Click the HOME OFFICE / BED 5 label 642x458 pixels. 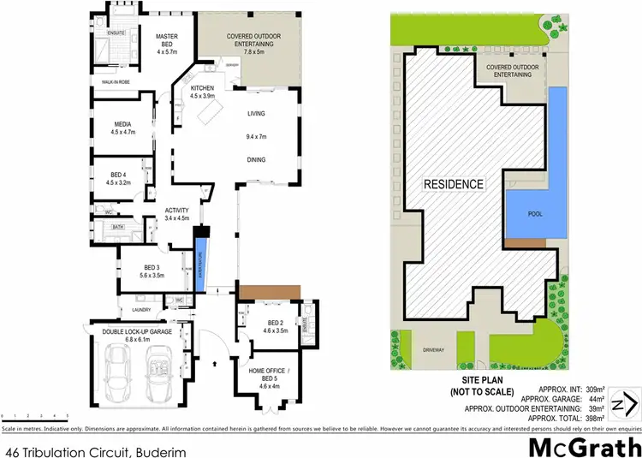point(269,374)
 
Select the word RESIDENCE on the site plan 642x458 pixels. point(453,184)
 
